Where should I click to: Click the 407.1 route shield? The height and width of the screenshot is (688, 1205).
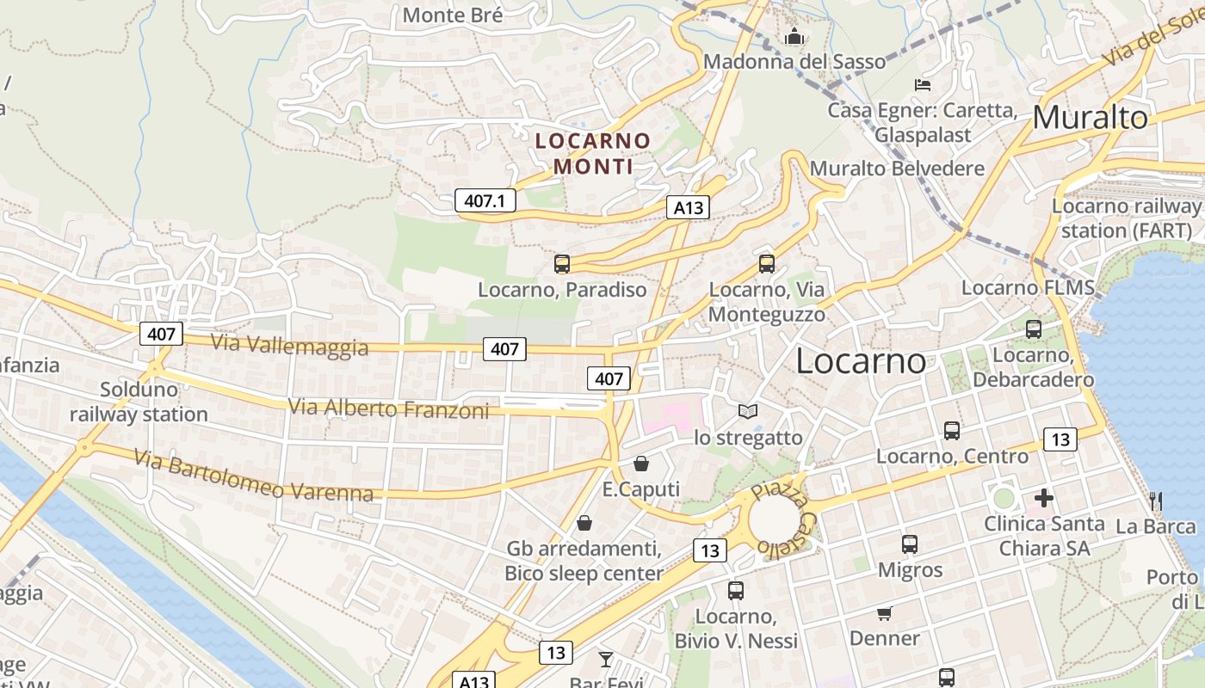[485, 201]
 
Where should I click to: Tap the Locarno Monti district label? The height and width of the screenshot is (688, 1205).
[593, 153]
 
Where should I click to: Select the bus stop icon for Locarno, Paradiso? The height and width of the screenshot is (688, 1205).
[562, 264]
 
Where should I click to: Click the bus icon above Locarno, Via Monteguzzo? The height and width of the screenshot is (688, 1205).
[766, 264]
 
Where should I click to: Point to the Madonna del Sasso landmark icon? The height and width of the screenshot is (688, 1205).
[794, 37]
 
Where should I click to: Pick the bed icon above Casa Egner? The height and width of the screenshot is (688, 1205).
[923, 84]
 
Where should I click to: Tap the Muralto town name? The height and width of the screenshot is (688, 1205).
[1090, 118]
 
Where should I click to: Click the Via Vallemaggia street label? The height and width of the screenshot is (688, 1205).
[289, 345]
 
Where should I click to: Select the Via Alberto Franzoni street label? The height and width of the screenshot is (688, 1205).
[388, 408]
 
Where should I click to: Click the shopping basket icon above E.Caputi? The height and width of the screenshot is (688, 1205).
[641, 464]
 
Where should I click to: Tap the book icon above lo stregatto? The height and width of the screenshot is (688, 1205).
[748, 412]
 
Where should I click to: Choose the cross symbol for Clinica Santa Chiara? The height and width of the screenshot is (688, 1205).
[1044, 498]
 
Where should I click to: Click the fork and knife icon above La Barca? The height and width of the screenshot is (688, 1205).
[1156, 501]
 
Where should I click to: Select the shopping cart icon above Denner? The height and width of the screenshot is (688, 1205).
[884, 613]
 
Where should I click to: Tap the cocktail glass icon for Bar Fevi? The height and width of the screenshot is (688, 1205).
[606, 660]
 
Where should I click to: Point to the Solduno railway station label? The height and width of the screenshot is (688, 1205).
[139, 402]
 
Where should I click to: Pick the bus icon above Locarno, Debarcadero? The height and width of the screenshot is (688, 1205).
[1034, 329]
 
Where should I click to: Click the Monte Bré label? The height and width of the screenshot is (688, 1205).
[453, 15]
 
